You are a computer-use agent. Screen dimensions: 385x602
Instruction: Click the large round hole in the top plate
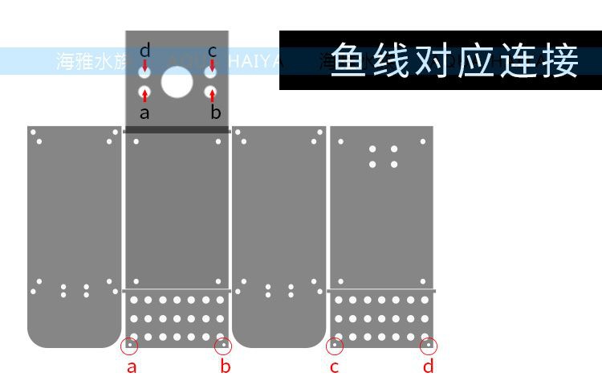(177, 81)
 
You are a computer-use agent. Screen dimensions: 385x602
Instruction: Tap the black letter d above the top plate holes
(144, 51)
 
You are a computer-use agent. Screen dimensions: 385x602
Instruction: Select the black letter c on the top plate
(212, 51)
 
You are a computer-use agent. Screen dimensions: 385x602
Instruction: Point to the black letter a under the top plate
(144, 113)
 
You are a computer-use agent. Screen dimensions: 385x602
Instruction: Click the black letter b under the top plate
(215, 113)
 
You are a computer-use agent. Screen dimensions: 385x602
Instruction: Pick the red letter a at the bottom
(132, 367)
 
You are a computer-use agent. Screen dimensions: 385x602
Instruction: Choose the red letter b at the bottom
(226, 367)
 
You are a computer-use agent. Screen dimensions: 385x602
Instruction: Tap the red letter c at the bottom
(335, 367)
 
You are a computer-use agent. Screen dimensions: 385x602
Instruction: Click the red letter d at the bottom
(429, 367)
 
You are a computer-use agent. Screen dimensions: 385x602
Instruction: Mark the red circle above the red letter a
(130, 346)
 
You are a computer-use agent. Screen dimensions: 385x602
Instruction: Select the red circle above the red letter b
(224, 346)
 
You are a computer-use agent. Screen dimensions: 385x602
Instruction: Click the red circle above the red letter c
(335, 346)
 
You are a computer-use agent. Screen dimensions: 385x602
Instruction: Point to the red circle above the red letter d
(429, 346)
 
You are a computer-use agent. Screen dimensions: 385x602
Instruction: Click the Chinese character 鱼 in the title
(352, 60)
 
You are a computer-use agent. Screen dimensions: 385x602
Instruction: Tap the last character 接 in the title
(560, 60)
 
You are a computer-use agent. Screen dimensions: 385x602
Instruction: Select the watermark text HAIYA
(257, 61)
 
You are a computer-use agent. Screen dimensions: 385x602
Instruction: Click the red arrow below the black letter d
(144, 65)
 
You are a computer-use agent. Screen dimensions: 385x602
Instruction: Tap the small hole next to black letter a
(144, 92)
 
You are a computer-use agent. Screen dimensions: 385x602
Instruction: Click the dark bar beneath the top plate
(177, 129)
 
